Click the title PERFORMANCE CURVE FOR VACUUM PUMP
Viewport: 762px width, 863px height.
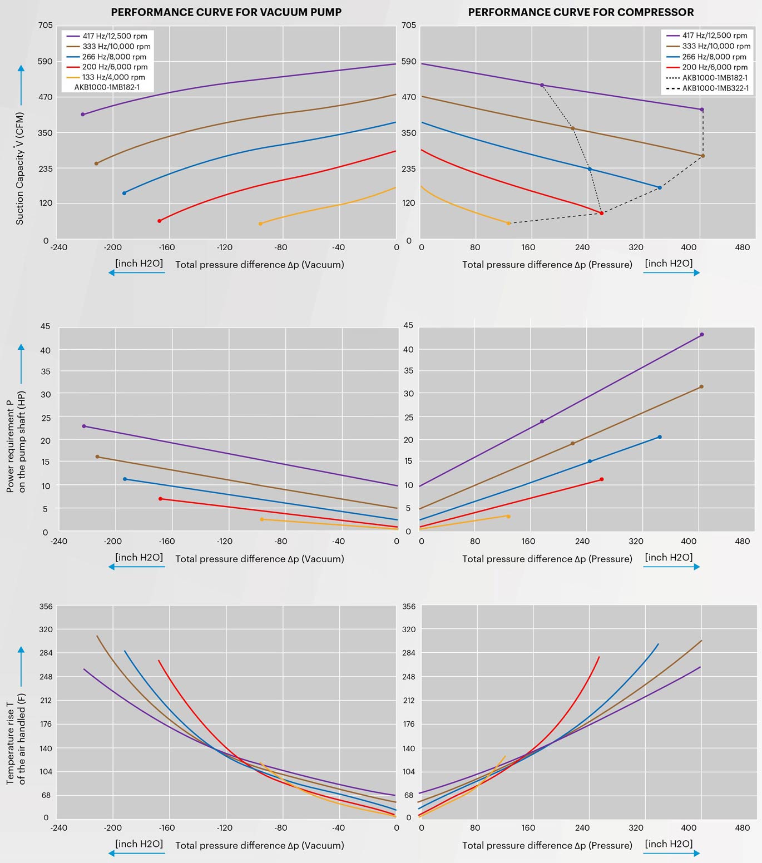pos(226,12)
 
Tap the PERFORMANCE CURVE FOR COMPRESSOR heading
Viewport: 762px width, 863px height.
pos(581,12)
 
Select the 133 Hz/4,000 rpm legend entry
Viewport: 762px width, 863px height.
pos(113,77)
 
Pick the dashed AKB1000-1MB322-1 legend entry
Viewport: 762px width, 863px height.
pos(715,88)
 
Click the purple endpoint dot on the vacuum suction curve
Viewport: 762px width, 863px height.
pos(83,115)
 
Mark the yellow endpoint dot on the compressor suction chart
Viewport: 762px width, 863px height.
pos(508,223)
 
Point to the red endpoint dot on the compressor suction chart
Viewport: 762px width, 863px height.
pos(601,213)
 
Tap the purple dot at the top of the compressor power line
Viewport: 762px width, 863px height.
pos(701,334)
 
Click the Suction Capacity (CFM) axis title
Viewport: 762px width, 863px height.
pos(20,168)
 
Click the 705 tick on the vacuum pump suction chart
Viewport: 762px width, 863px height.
pos(46,25)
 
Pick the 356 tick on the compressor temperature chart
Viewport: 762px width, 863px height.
pos(409,606)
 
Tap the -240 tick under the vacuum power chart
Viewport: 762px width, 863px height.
pos(59,541)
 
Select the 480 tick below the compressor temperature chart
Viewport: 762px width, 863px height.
pos(742,827)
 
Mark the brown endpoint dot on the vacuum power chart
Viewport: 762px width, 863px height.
pos(97,457)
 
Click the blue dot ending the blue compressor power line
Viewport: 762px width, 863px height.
pos(660,437)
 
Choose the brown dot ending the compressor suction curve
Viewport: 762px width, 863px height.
pos(702,156)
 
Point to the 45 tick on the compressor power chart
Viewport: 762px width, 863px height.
pos(409,325)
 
